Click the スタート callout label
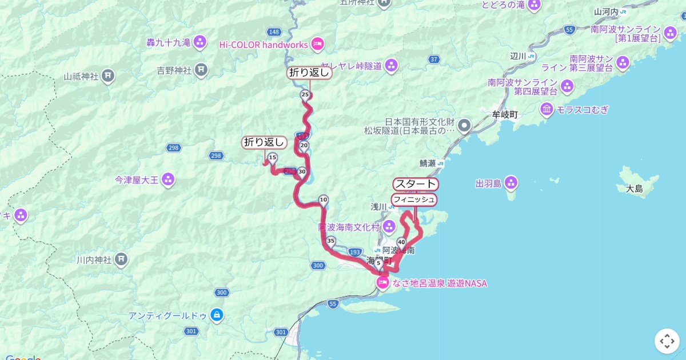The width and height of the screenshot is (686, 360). pyautogui.click(x=416, y=184)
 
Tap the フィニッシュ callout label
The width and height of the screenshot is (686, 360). pyautogui.click(x=414, y=199)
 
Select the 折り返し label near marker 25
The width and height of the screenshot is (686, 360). pyautogui.click(x=309, y=73)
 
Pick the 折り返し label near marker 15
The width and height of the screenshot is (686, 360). pyautogui.click(x=264, y=142)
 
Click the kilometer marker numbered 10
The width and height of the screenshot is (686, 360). pyautogui.click(x=324, y=200)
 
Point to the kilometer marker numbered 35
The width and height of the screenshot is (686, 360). pyautogui.click(x=330, y=241)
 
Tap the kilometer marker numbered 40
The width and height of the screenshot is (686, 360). pyautogui.click(x=401, y=242)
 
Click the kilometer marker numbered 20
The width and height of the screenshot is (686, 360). pyautogui.click(x=304, y=146)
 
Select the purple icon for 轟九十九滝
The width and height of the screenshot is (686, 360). pyautogui.click(x=200, y=42)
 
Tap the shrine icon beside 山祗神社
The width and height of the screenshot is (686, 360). pyautogui.click(x=108, y=75)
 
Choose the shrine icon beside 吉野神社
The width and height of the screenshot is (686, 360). pyautogui.click(x=201, y=70)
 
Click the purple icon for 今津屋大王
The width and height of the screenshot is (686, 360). pyautogui.click(x=168, y=180)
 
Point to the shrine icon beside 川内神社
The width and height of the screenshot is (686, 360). pyautogui.click(x=121, y=260)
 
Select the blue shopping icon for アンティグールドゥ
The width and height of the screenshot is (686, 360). pyautogui.click(x=217, y=315)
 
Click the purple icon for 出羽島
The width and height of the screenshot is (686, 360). pyautogui.click(x=511, y=183)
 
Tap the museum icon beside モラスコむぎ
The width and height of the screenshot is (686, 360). pyautogui.click(x=547, y=109)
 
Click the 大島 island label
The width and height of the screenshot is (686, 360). pyautogui.click(x=635, y=189)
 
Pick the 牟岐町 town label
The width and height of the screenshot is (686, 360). pyautogui.click(x=505, y=114)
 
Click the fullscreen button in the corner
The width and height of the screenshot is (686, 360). pyautogui.click(x=667, y=341)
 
